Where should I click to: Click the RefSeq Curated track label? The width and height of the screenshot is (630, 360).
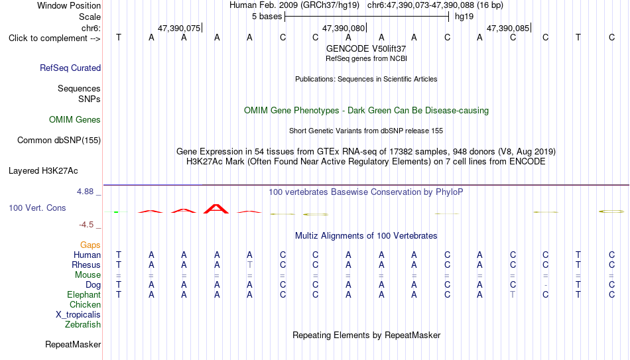[x=70, y=68]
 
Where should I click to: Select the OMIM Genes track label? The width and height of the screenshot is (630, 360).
[x=75, y=120]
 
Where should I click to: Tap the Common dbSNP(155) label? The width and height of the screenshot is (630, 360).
[x=58, y=141]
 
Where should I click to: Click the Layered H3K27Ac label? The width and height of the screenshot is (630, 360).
[x=43, y=171]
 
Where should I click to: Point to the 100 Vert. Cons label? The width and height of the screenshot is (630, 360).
[x=37, y=208]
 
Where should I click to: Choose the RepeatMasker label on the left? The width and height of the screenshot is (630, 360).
[x=73, y=344]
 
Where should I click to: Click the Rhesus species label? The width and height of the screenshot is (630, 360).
[x=86, y=265]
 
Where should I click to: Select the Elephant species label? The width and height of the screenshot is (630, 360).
[x=84, y=294]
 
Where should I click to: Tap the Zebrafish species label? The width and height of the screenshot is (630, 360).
[x=83, y=324]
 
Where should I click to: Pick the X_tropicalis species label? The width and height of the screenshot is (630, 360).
[x=78, y=315]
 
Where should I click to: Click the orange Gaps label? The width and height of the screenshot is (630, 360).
[x=90, y=245]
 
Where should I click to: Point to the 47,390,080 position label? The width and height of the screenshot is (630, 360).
[x=344, y=28]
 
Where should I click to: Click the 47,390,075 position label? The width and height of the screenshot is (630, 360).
[x=179, y=28]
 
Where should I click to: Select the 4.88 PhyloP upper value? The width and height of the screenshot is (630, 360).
[x=85, y=192]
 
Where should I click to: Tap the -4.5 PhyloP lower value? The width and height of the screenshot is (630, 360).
[x=86, y=225]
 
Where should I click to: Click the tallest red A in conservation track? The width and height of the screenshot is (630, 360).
[x=216, y=209]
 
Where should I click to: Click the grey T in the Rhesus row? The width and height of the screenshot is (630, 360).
[x=250, y=265]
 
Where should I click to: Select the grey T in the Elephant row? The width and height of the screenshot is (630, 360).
[x=513, y=294]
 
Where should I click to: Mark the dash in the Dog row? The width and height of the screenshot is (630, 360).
[x=545, y=285]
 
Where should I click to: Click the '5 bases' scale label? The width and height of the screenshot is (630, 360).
[x=267, y=17]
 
